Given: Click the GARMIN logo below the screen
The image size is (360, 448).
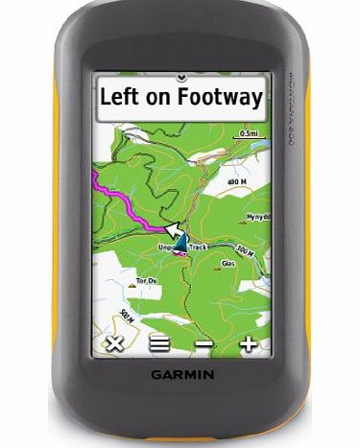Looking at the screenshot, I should [x=180, y=375].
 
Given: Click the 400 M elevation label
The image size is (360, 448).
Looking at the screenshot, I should [x=238, y=179].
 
